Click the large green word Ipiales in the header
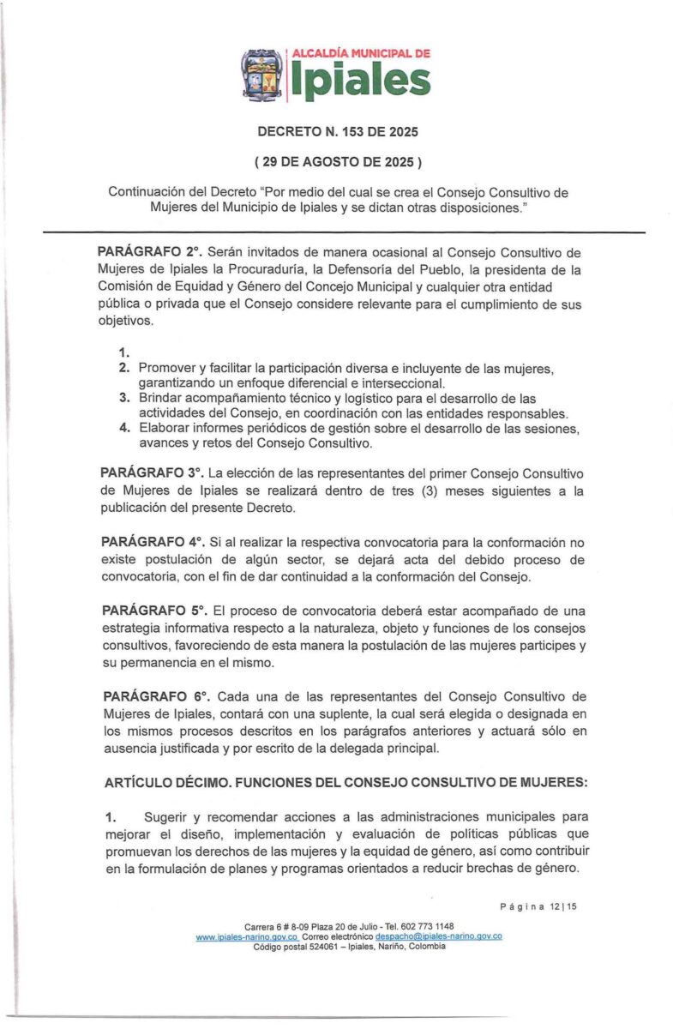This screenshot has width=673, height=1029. pos(361,81)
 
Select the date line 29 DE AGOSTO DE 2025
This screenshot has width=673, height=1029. pos(337,161)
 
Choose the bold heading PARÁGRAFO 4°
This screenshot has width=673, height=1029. pos(152,542)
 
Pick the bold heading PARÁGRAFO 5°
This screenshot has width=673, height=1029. pos(153,611)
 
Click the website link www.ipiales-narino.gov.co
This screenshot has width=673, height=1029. pos(247,937)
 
